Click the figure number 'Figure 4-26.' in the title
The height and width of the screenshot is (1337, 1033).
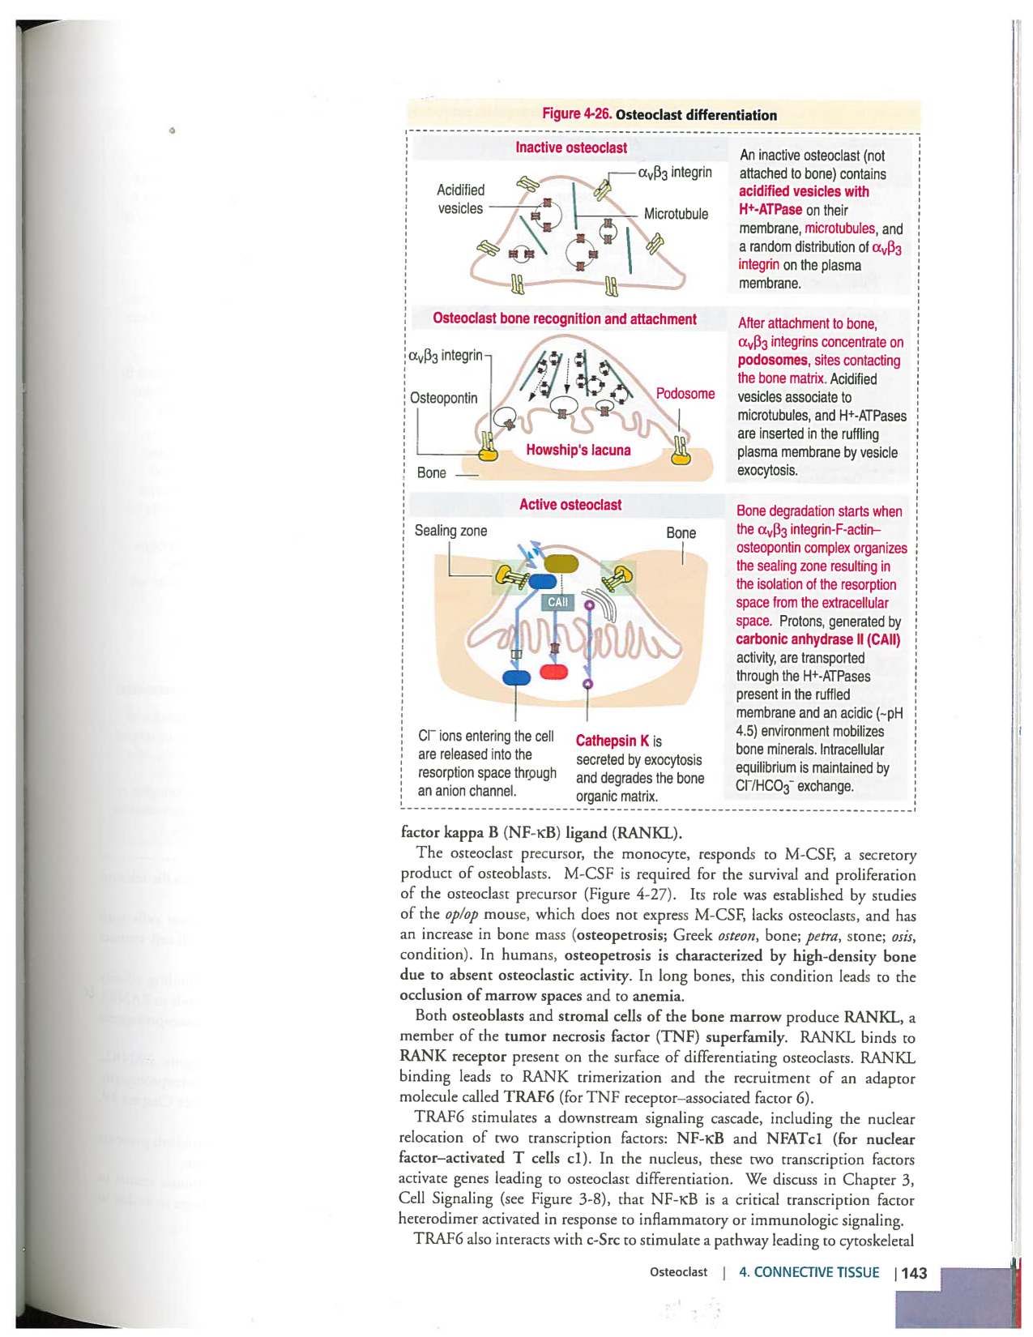click(577, 114)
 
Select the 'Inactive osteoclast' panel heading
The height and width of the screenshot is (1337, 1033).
click(571, 147)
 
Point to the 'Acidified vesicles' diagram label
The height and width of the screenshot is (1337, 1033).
click(460, 199)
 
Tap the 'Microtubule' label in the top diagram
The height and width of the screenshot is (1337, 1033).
click(676, 214)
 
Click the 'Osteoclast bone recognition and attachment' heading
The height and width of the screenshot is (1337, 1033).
click(565, 318)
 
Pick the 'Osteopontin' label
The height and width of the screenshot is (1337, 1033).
click(444, 398)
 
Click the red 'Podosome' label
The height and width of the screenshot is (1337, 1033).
click(685, 394)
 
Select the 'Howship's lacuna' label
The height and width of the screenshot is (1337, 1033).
click(578, 450)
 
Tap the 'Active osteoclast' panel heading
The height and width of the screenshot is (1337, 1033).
click(570, 505)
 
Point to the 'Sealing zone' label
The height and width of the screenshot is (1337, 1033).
click(450, 531)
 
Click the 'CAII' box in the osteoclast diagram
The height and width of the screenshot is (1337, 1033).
click(557, 602)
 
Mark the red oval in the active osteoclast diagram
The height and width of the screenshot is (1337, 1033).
click(554, 671)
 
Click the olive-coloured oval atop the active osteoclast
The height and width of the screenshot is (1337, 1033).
click(561, 564)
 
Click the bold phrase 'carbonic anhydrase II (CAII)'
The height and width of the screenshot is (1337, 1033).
click(817, 639)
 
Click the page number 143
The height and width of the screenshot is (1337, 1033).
click(914, 1273)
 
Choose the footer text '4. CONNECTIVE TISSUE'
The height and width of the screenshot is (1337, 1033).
click(809, 1272)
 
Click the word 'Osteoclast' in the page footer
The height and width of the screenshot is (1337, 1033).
click(678, 1272)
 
